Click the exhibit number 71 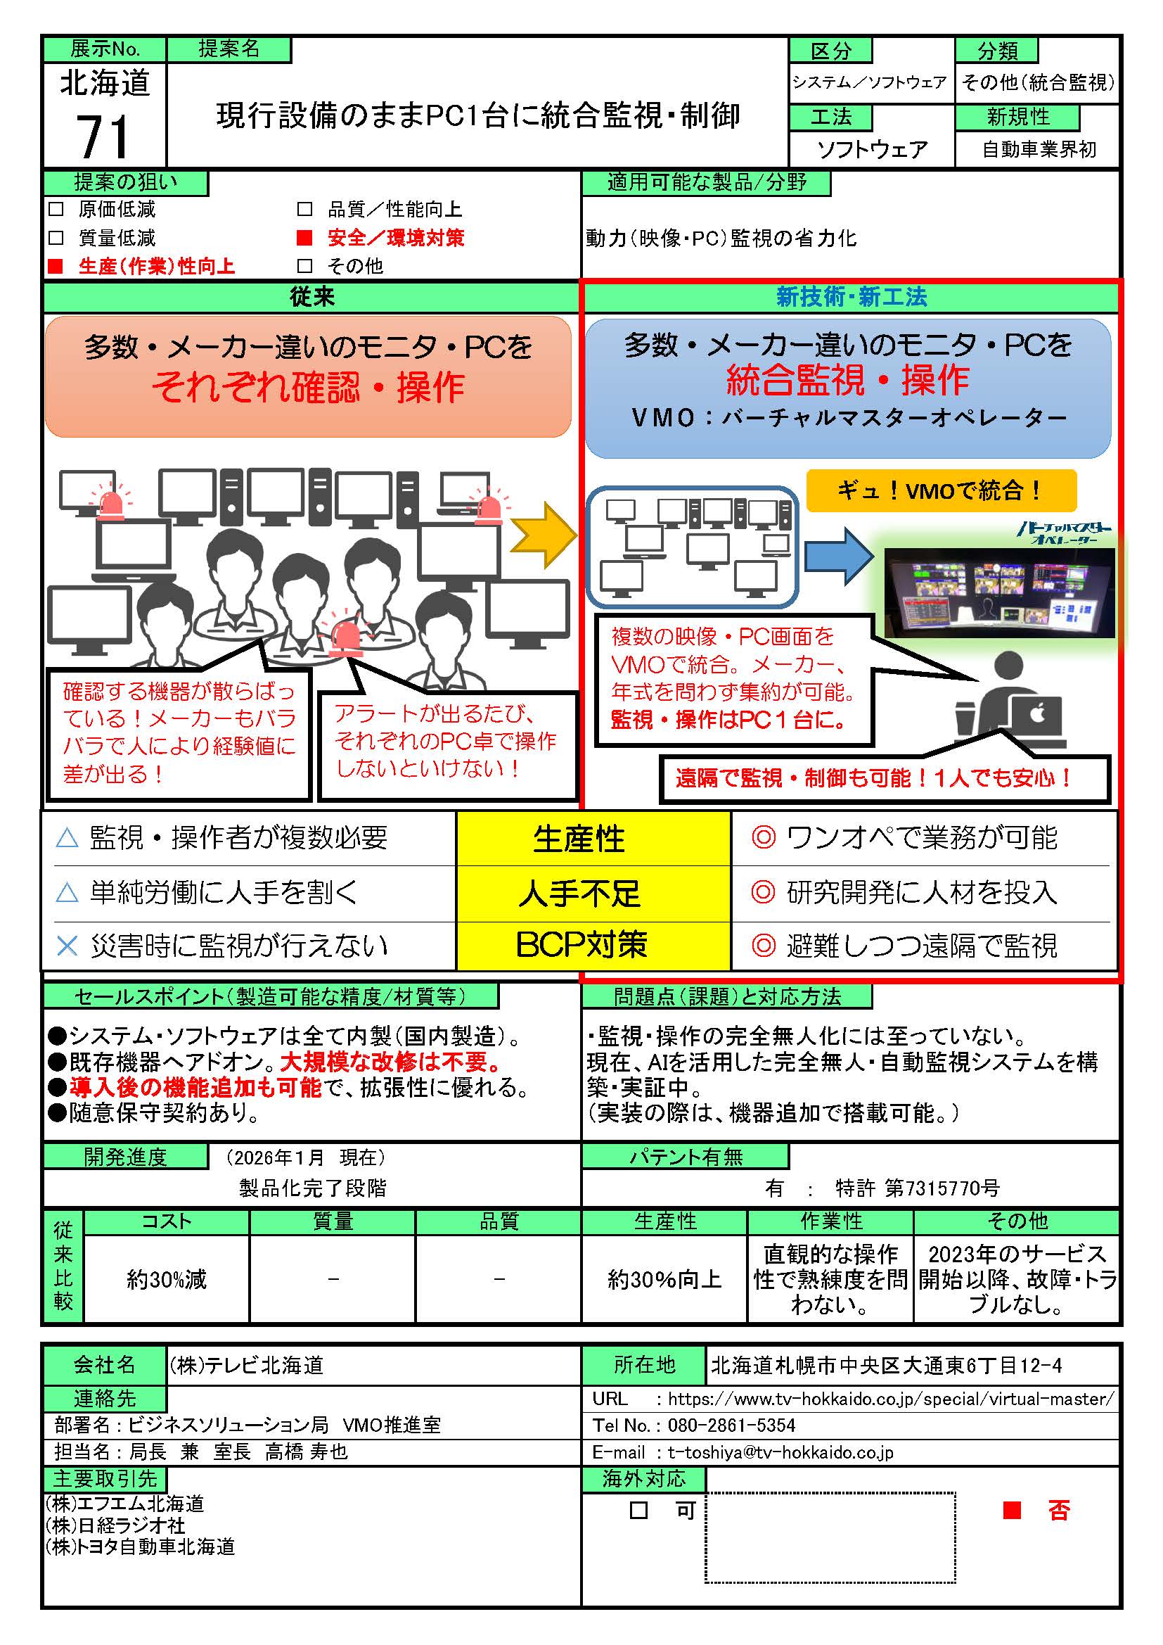coord(103,136)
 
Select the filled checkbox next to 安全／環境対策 coord(305,237)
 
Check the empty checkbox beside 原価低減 coord(56,209)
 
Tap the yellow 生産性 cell coord(579,838)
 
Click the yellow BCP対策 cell coord(581,945)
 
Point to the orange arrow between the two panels coord(543,535)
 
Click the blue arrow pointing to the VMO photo coord(839,556)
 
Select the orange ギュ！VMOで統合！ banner coord(941,491)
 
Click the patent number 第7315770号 coord(942,1188)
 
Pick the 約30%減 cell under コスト coord(166,1279)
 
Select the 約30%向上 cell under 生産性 coord(664,1279)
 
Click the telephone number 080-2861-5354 coord(731,1425)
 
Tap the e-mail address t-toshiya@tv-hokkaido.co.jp coord(780,1452)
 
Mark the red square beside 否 coord(1011,1511)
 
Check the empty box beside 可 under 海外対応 coord(638,1511)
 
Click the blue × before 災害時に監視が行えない coord(67,946)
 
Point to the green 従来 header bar coord(311,298)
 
